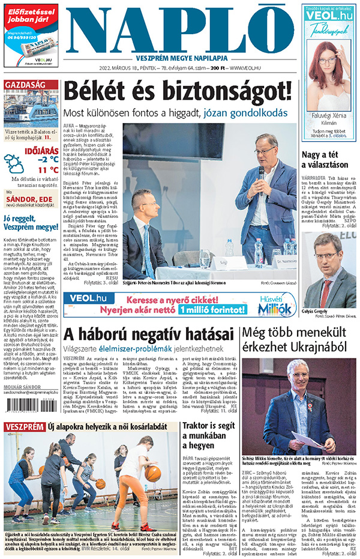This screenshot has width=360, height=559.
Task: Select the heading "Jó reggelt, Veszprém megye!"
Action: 31,223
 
